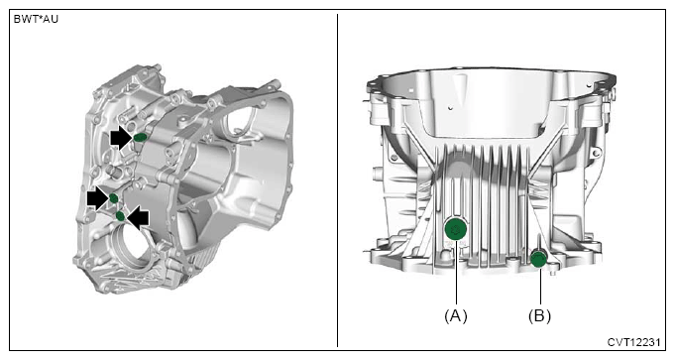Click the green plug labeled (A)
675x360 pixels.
(x=455, y=229)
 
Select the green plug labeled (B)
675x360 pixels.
(x=538, y=259)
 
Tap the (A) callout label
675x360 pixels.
(x=456, y=316)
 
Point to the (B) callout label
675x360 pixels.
(x=539, y=316)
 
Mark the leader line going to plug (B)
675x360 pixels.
(x=539, y=287)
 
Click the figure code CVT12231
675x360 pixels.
(x=633, y=342)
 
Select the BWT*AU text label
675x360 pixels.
(x=36, y=20)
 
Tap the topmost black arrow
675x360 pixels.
(x=121, y=138)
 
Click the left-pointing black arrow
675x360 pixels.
(x=138, y=217)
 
